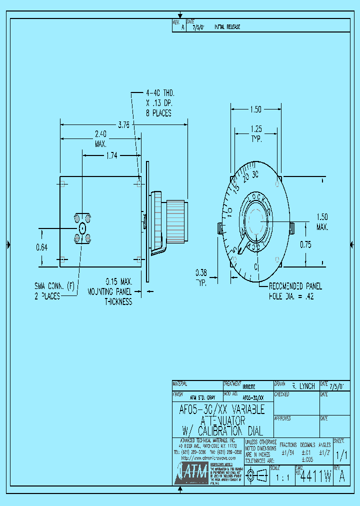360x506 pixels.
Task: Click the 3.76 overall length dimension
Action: tap(122, 126)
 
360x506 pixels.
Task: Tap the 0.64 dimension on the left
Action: tap(42, 246)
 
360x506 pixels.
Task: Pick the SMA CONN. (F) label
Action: tap(54, 291)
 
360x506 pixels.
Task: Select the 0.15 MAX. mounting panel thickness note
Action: tap(110, 291)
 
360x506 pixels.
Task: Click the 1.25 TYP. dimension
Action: tap(256, 133)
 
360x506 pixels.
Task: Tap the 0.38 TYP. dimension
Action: tap(201, 276)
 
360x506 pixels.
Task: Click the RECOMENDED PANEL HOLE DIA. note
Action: tap(295, 291)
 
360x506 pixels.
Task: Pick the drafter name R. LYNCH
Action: tap(303, 386)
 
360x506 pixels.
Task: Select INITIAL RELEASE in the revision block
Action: tap(227, 26)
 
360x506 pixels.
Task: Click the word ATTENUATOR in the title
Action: tap(222, 421)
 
